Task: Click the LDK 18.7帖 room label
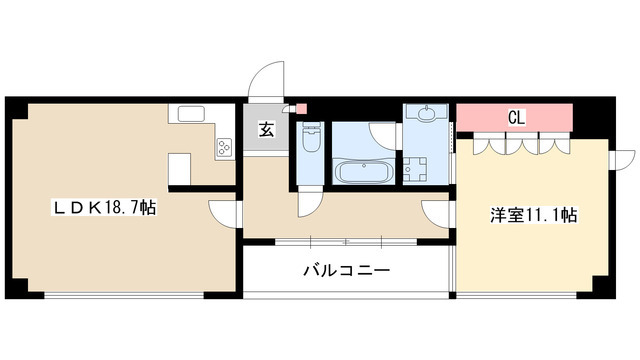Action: [104, 208]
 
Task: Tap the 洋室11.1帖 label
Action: [533, 214]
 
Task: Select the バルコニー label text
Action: [346, 270]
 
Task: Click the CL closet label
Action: [516, 117]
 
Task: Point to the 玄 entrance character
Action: [267, 129]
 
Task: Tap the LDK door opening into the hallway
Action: [222, 211]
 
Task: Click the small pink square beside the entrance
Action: [302, 107]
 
